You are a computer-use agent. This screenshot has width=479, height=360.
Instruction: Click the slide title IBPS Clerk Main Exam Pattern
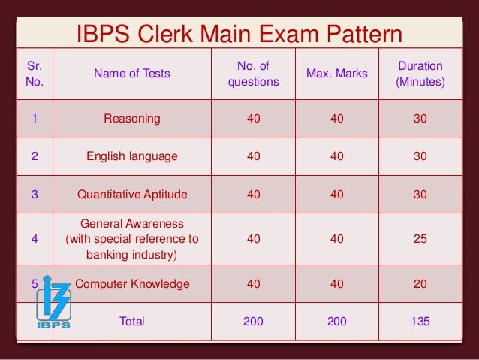(x=239, y=35)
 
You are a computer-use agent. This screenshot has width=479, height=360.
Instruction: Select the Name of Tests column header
(x=132, y=74)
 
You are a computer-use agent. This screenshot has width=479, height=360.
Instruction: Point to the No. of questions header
(x=253, y=74)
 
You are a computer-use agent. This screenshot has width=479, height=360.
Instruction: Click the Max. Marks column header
(x=336, y=74)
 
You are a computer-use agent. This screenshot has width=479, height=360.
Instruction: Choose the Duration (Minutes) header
(x=420, y=74)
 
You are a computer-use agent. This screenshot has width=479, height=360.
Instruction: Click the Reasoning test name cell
(x=132, y=119)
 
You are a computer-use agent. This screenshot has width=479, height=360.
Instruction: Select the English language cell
(x=132, y=156)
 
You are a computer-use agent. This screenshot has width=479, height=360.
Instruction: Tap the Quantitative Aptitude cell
(x=132, y=195)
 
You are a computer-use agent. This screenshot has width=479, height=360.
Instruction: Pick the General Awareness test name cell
(x=132, y=239)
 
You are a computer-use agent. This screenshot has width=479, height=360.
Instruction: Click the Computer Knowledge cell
(x=132, y=284)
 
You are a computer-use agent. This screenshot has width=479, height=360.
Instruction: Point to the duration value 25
(x=420, y=239)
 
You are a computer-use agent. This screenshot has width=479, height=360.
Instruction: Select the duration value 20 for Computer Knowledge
(x=420, y=284)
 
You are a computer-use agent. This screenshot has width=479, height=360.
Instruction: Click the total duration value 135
(x=420, y=321)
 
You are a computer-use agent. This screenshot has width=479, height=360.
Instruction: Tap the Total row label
(x=132, y=321)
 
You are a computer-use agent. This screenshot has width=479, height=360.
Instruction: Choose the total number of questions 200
(x=253, y=321)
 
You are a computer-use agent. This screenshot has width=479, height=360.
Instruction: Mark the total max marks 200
(x=336, y=321)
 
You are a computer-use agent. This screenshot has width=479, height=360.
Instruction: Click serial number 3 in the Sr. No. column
(x=35, y=195)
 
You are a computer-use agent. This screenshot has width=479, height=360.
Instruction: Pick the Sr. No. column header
(x=35, y=74)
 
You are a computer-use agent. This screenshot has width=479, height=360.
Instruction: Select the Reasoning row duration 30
(x=420, y=119)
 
